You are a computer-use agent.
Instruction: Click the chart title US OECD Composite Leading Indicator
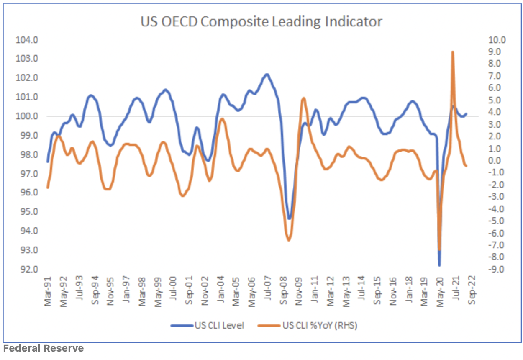click(x=261, y=21)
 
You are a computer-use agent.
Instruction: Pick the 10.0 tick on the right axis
click(x=497, y=40)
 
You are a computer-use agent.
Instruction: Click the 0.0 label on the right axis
click(x=498, y=161)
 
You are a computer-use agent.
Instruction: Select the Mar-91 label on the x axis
click(x=48, y=289)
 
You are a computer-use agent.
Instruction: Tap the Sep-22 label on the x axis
click(x=472, y=289)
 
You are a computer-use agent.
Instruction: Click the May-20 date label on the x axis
click(x=440, y=289)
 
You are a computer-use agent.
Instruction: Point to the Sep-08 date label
click(x=283, y=289)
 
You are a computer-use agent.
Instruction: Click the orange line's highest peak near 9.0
click(x=453, y=52)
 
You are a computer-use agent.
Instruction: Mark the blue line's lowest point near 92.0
click(x=439, y=265)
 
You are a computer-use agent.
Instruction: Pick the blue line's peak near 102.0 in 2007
click(x=267, y=75)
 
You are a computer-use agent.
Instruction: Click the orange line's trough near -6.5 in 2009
click(x=288, y=240)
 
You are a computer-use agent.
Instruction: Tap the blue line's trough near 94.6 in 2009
click(x=289, y=219)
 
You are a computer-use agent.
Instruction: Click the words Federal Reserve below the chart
click(x=44, y=348)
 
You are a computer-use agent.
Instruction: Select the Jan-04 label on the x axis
click(x=220, y=289)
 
